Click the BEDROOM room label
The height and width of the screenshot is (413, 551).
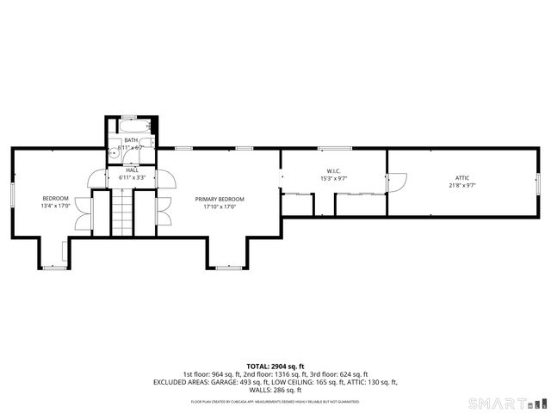[x=54, y=198]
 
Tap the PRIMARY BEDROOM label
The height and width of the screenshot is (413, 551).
[x=220, y=198]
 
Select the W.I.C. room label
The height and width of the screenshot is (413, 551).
[x=334, y=170]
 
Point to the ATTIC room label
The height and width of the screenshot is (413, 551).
[x=462, y=177]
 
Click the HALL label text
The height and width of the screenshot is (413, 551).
[x=132, y=170]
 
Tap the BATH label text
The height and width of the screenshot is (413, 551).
[x=131, y=140]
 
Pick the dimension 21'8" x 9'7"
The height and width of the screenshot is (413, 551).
[x=462, y=185]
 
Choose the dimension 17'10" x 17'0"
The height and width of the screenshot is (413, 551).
[x=220, y=206]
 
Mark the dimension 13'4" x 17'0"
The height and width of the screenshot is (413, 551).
[x=54, y=206]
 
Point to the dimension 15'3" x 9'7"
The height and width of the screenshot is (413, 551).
[x=334, y=178]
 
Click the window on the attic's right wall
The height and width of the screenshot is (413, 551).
[x=537, y=183]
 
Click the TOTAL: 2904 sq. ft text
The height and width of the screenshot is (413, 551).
[x=275, y=367]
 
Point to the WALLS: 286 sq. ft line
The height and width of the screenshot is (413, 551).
[x=275, y=390]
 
